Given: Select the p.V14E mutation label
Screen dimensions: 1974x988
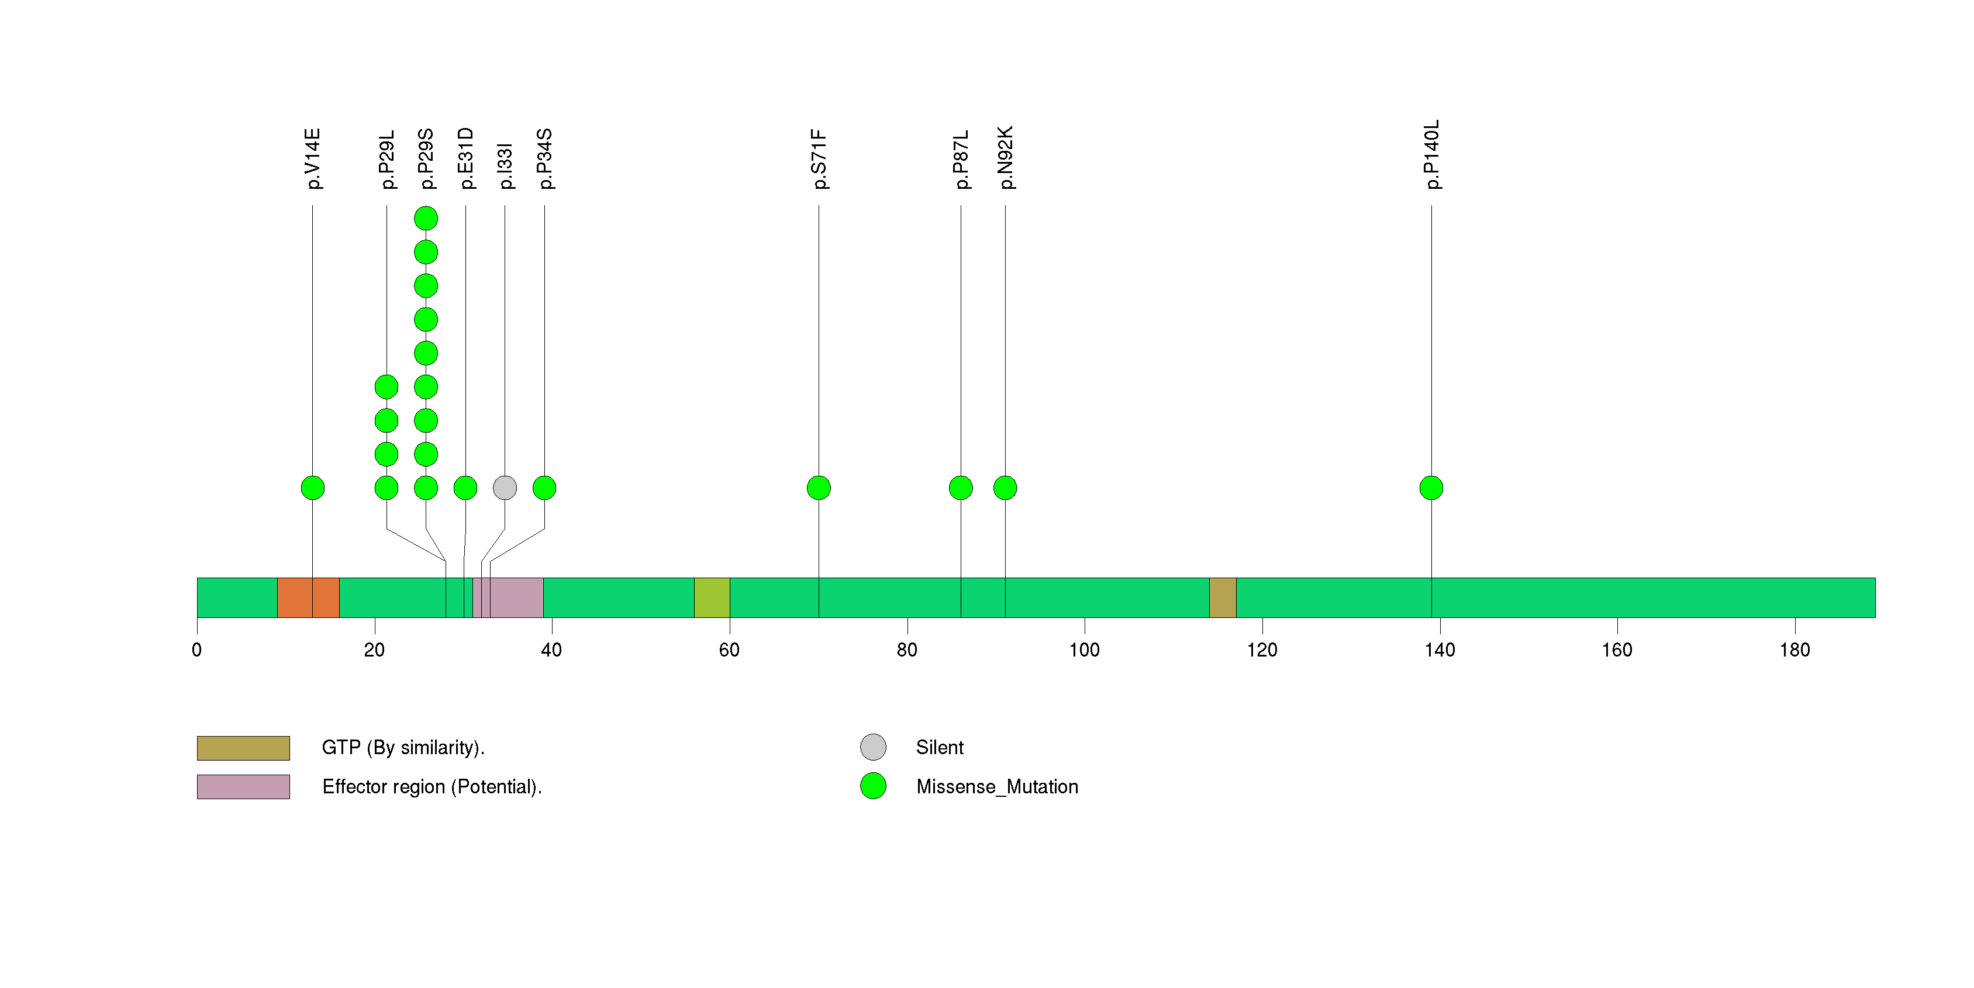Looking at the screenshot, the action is click(313, 158).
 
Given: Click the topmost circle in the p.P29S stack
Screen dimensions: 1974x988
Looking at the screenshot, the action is click(426, 218).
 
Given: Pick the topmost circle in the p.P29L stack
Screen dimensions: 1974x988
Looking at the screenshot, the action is click(386, 387).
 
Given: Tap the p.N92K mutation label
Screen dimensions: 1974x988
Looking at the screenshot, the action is click(1005, 157).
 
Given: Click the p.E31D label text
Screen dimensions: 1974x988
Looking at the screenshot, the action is click(466, 158).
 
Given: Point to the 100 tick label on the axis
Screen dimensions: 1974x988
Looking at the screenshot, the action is click(1084, 650).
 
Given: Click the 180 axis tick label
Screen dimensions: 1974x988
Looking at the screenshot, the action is click(1794, 650).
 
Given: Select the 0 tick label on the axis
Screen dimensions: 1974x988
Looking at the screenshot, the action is click(197, 650).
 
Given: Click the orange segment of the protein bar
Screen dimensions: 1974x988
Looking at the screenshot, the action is click(308, 597).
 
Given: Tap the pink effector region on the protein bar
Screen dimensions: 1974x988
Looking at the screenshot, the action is click(508, 597).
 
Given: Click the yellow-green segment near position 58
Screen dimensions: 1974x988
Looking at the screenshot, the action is click(712, 597).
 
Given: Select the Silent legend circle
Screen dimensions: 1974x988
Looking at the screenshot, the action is click(873, 747).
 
